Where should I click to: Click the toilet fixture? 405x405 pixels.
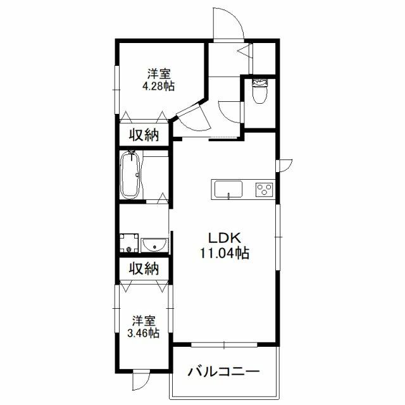(260, 91)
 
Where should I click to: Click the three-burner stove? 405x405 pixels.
(264, 190)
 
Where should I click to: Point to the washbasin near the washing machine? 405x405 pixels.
(154, 245)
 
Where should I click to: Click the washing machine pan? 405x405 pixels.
(129, 243)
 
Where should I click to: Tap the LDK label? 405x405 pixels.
(225, 238)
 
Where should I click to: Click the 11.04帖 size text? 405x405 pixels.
(225, 253)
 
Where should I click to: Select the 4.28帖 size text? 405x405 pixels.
(159, 86)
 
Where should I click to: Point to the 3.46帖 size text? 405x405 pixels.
(144, 333)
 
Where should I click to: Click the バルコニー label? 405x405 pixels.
(223, 372)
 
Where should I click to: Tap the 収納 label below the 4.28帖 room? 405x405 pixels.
(144, 135)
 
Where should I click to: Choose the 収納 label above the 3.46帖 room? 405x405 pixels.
(144, 268)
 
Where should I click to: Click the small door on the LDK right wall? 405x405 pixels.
(284, 166)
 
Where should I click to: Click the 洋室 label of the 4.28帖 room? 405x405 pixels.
(159, 74)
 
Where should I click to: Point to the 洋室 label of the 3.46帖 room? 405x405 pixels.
(144, 321)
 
